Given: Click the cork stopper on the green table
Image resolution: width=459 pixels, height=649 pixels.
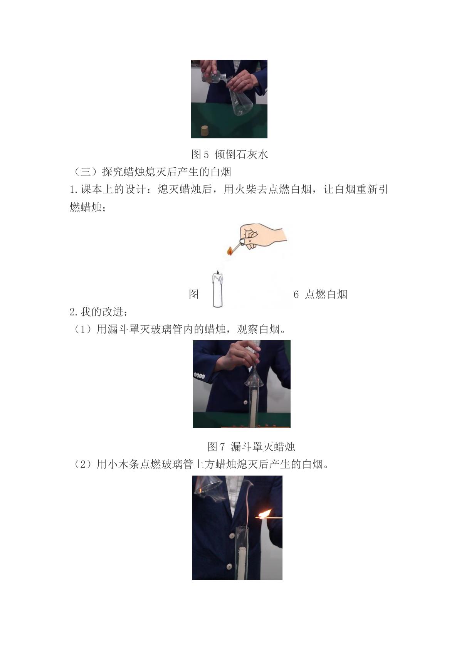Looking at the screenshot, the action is [x=205, y=131].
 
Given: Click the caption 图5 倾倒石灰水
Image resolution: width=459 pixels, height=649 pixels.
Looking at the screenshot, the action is [x=229, y=155].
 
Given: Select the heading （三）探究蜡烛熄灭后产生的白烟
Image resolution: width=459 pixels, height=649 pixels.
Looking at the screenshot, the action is [x=150, y=172].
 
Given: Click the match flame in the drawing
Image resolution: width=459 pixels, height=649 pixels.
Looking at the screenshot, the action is [x=230, y=251].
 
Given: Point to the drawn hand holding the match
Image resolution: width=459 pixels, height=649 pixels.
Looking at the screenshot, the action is [x=262, y=236].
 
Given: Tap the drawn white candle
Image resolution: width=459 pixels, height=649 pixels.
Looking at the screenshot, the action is [x=217, y=289].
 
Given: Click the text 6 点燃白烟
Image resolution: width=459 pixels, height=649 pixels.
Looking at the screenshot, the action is [x=320, y=295].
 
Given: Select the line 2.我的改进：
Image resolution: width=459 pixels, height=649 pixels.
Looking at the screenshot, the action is [x=99, y=312].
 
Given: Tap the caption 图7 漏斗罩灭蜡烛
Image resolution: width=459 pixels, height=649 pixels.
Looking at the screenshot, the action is [x=251, y=447].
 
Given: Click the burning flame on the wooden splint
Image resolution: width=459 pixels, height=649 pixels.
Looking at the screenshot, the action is [x=264, y=514].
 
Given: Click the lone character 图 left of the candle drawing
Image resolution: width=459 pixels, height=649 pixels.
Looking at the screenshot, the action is [x=193, y=295].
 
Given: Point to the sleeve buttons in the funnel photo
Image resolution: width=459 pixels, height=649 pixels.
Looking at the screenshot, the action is [x=199, y=376].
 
